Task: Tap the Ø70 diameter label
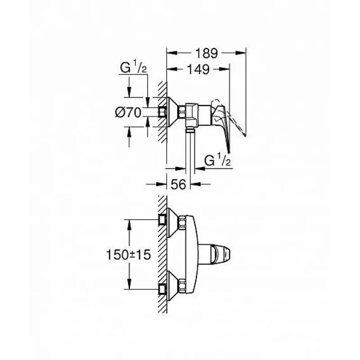[x=128, y=112]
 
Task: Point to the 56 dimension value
[x=179, y=184]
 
